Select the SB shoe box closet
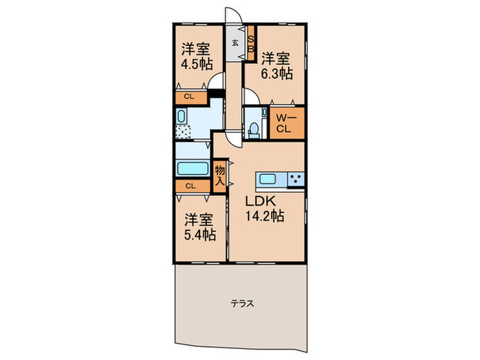pyautogui.click(x=251, y=43)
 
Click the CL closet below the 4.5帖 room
pyautogui.click(x=189, y=97)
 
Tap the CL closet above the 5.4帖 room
pyautogui.click(x=190, y=185)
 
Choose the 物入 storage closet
pyautogui.click(x=219, y=173)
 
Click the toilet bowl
pyautogui.click(x=254, y=128)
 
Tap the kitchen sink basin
pyautogui.click(x=267, y=180)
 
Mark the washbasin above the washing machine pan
pyautogui.click(x=182, y=115)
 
